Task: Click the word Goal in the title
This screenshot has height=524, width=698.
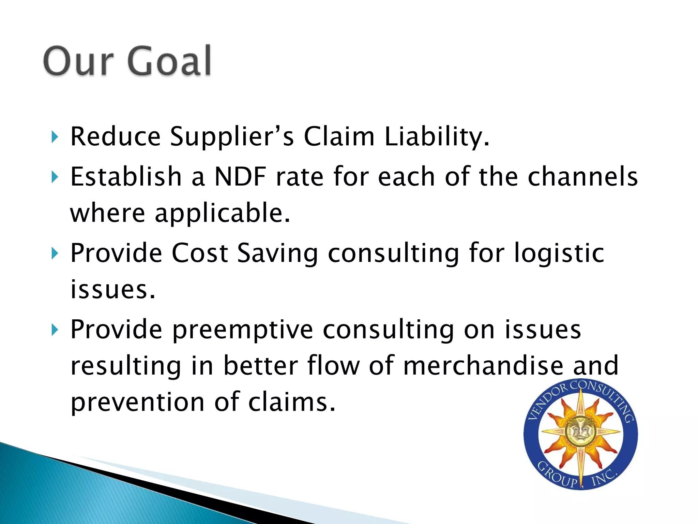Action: [x=170, y=61]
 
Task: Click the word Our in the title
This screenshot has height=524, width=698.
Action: [x=78, y=61]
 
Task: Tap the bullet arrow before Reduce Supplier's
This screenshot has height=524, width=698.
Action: [x=55, y=137]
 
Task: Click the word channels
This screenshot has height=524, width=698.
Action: [x=582, y=177]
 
